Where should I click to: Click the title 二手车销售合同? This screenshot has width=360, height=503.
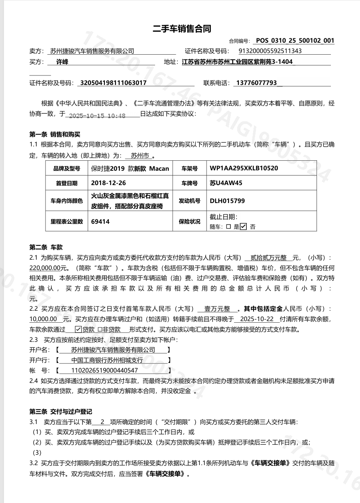(x=182, y=29)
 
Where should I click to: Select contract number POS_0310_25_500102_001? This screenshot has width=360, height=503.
(x=295, y=40)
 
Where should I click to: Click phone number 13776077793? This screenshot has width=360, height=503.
(x=256, y=83)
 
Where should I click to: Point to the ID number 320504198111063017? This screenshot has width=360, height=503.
(x=114, y=83)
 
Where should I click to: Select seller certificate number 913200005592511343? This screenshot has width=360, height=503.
(x=270, y=51)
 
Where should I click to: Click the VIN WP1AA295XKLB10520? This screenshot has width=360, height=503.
(x=244, y=168)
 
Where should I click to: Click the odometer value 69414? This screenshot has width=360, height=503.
(x=100, y=221)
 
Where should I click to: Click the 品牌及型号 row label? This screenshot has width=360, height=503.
(x=67, y=169)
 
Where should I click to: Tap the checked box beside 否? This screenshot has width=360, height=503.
(x=244, y=227)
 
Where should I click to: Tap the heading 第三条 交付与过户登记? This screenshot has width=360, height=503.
(x=61, y=411)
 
